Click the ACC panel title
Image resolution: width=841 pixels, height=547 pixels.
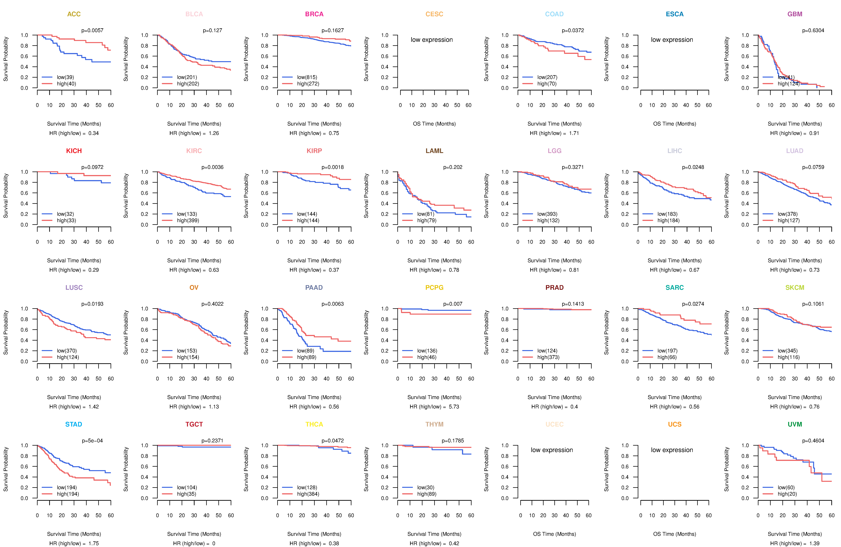tap(74, 14)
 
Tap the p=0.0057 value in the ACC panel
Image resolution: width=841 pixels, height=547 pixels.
tap(92, 30)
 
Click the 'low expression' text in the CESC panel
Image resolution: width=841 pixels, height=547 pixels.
tap(431, 40)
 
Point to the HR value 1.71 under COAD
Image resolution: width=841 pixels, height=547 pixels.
tap(574, 133)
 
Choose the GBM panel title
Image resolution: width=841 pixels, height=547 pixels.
tap(795, 14)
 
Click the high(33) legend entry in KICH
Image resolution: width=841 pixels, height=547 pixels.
tap(66, 220)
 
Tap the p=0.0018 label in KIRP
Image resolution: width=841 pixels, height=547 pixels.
tap(332, 167)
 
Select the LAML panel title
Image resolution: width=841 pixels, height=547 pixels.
tap(434, 151)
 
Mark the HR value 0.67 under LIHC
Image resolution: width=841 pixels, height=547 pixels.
tap(694, 270)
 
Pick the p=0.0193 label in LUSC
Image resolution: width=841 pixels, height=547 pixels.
tap(92, 304)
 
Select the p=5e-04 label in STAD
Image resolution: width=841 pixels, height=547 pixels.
tap(92, 441)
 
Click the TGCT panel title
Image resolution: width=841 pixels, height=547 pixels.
tap(194, 424)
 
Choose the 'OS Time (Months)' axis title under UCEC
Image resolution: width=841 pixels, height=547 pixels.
tap(554, 534)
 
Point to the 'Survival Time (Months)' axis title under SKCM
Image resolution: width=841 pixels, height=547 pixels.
tap(795, 397)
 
